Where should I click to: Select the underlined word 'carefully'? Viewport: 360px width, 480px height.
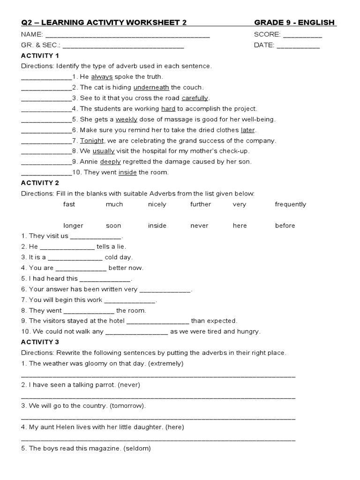click(x=195, y=98)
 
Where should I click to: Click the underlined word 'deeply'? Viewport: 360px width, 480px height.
click(x=110, y=161)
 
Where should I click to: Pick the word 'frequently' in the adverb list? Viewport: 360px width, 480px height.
click(x=290, y=204)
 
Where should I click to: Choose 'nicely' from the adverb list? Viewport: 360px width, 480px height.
click(x=157, y=204)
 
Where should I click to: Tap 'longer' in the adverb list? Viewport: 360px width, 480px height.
click(x=73, y=225)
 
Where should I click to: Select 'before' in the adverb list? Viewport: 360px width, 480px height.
click(x=285, y=225)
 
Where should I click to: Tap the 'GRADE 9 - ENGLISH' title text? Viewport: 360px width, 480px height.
click(x=294, y=22)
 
